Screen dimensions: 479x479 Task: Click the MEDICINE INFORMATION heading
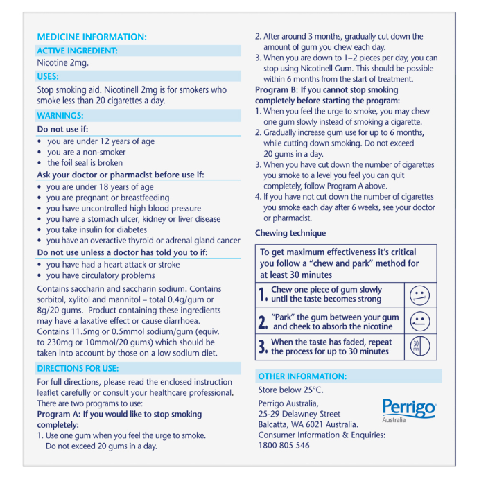tap(92, 37)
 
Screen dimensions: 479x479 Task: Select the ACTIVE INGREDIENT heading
tap(77, 51)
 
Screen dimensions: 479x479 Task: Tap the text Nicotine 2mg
tap(63, 63)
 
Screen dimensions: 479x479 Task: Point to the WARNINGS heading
tap(60, 116)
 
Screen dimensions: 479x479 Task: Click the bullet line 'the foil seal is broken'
tap(85, 163)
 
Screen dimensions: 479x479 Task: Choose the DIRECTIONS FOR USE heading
tap(78, 368)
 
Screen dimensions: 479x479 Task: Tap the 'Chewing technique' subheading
tap(290, 233)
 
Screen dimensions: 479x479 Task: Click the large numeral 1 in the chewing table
tap(263, 295)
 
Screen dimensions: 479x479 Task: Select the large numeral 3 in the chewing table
tap(263, 347)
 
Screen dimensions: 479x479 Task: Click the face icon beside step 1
tap(419, 295)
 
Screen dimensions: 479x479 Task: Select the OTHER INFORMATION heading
tap(302, 376)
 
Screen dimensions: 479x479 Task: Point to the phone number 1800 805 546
tap(284, 446)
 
